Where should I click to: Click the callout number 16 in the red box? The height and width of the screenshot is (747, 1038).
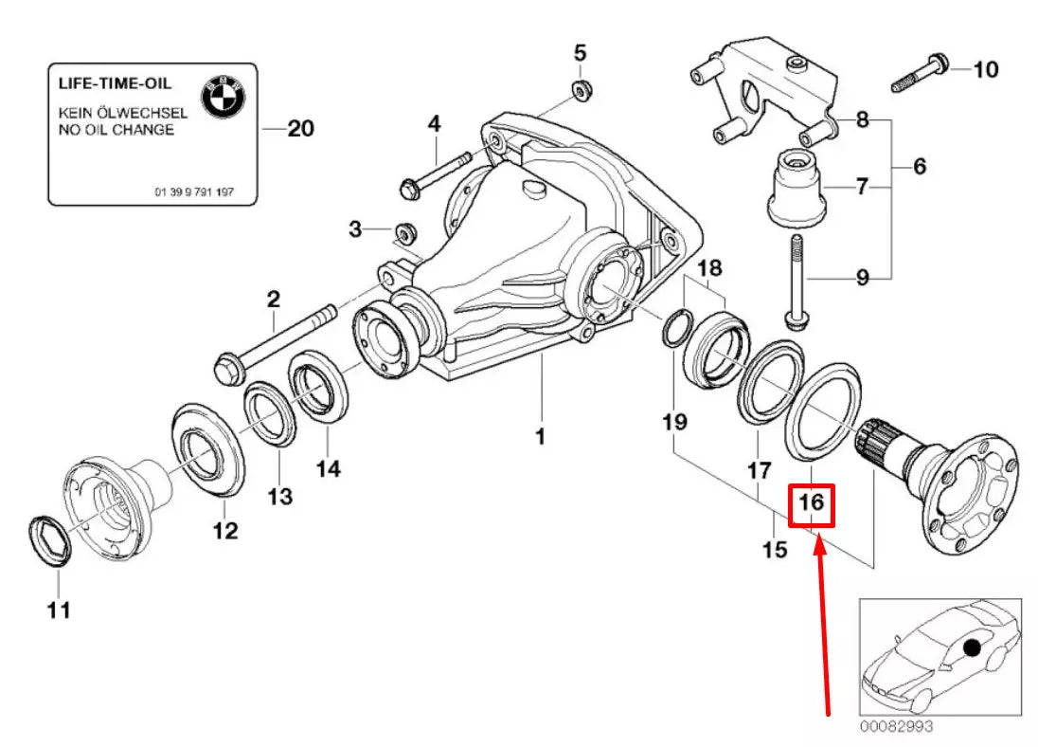pos(812,503)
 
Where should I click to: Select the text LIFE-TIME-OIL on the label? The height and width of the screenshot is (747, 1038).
pos(116,84)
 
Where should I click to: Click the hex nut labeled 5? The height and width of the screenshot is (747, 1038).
pos(581,90)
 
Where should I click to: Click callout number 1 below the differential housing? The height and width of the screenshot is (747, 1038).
pos(540,437)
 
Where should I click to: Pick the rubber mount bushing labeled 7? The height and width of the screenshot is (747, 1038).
pos(796,187)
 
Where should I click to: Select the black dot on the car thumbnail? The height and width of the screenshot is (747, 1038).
pos(970,648)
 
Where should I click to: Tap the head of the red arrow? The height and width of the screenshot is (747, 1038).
pos(820,539)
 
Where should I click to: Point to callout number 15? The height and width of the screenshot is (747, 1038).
pos(775,549)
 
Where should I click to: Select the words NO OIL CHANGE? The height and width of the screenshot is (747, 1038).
pos(116,130)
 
